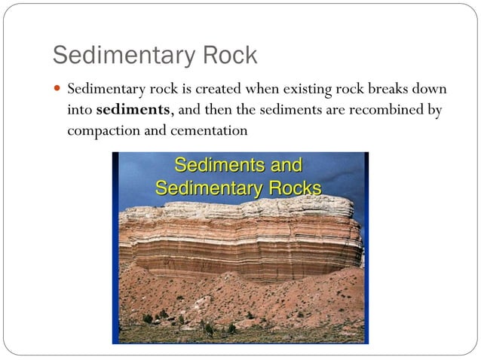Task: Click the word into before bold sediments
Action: (x=80, y=109)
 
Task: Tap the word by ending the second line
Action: (x=434, y=109)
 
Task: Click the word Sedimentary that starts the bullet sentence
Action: (x=105, y=90)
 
